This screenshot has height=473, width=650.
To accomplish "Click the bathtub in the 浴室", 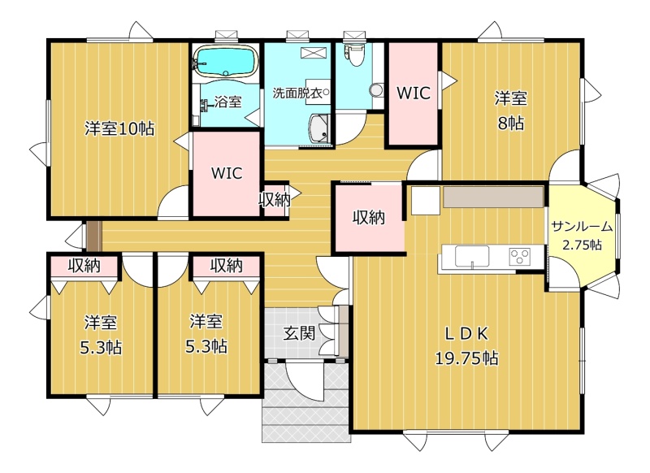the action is [x=226, y=61].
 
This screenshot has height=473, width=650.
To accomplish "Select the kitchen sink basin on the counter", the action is [x=472, y=256].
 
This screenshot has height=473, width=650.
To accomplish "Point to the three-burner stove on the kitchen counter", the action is [x=520, y=255].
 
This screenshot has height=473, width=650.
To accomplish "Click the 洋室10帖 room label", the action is [x=119, y=128].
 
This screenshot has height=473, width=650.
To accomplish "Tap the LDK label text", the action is [x=466, y=334].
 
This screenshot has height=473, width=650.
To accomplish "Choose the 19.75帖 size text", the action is [x=466, y=358].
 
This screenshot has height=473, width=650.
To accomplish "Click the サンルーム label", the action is [x=582, y=227].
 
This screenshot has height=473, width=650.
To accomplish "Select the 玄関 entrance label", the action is [x=299, y=333].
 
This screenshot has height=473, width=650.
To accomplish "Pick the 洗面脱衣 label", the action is [x=297, y=93].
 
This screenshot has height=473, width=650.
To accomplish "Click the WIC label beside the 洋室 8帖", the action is [x=414, y=93].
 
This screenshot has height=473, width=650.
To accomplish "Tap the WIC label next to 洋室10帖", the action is [x=227, y=173].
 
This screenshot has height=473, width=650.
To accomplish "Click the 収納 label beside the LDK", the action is [x=369, y=217].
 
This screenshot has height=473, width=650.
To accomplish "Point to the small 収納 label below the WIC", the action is [x=275, y=200].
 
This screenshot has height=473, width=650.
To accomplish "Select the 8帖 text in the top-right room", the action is [x=511, y=123].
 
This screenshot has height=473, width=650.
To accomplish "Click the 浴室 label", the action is [x=228, y=102].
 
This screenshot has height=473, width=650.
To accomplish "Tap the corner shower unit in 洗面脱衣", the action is [x=319, y=128].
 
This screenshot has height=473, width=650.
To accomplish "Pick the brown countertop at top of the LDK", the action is [x=493, y=197].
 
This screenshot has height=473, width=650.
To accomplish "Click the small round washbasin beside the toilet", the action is [x=376, y=90].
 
